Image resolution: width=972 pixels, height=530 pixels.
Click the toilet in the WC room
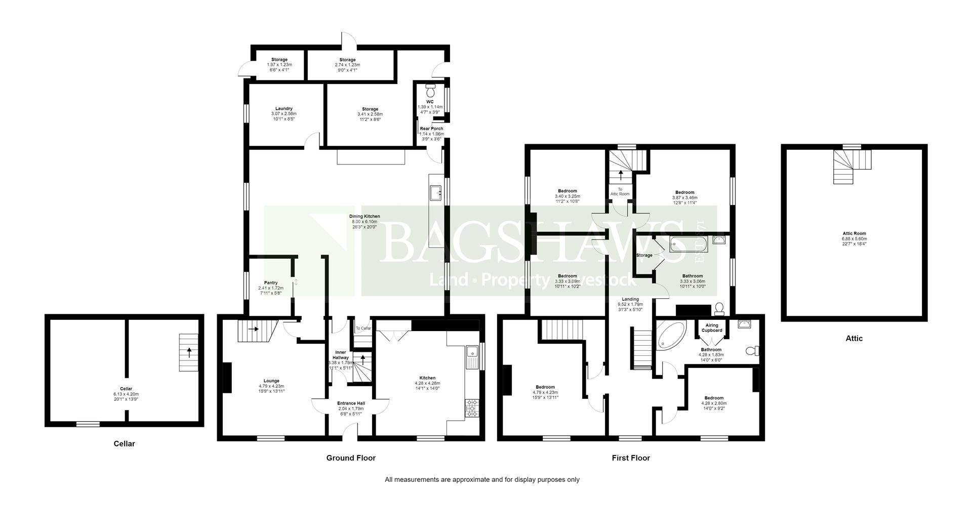430,91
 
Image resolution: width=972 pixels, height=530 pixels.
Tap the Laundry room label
283,109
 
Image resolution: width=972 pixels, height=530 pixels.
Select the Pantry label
271,283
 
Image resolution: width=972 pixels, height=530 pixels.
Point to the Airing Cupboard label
711,328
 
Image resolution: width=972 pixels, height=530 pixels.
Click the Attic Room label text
854,234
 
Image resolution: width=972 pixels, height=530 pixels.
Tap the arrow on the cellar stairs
189,351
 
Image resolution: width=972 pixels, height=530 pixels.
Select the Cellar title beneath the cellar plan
124,443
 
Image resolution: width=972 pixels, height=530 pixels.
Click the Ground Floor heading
351,458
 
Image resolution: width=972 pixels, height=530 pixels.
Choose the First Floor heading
630,458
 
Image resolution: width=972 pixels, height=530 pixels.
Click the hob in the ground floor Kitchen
471,408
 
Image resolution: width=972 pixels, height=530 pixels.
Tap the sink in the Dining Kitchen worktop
436,192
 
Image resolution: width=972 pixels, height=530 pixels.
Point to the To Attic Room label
620,191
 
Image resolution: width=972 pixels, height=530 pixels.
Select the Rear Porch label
431,129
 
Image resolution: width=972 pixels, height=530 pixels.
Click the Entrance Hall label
351,403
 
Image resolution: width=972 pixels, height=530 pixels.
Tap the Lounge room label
271,381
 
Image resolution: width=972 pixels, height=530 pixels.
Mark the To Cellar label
363,329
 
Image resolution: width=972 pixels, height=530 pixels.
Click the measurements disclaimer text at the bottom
482,479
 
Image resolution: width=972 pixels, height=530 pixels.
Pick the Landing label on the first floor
630,299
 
